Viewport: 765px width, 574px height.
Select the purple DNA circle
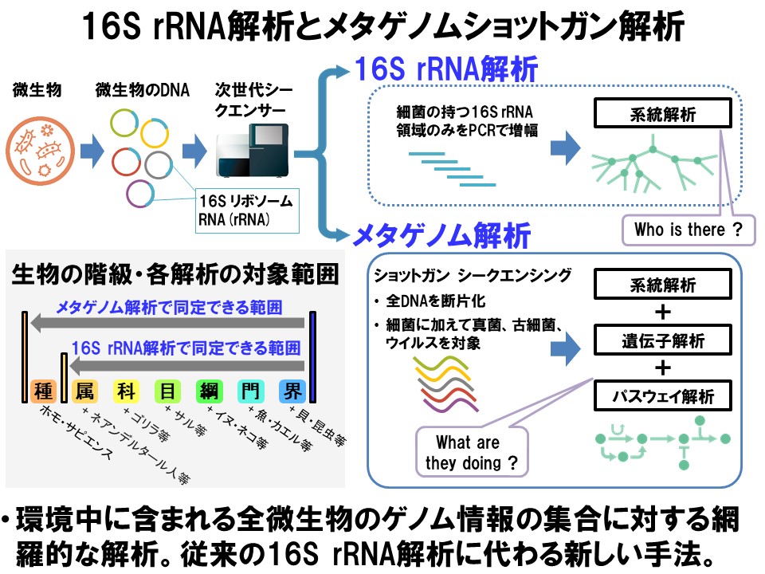(140, 195)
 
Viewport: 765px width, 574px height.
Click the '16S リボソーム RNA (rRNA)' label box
(247, 210)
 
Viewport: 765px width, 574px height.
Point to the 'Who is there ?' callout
(688, 231)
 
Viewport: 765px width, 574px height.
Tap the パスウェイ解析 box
(662, 395)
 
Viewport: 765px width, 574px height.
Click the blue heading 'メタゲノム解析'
(442, 236)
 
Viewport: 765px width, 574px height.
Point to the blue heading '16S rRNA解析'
(447, 69)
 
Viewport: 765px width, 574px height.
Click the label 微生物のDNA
(143, 90)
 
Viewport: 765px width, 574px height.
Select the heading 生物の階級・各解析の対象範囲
(175, 274)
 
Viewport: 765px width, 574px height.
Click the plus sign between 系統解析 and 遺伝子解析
(662, 312)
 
